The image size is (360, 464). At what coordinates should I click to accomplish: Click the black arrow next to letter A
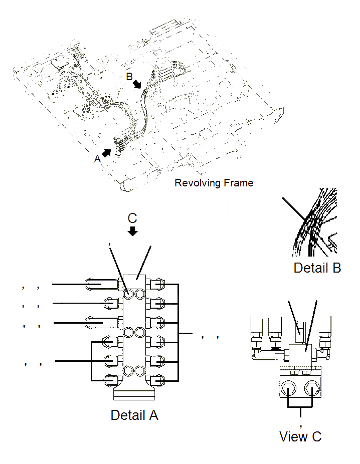[107, 152]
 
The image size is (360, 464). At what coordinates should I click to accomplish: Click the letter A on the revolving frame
[97, 159]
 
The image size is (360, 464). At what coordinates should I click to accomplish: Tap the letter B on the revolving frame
[129, 77]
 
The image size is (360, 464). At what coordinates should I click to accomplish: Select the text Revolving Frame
[214, 183]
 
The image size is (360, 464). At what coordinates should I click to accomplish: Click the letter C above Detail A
[132, 218]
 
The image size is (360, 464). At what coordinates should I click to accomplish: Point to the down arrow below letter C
[132, 231]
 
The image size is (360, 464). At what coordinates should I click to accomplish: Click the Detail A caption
[134, 415]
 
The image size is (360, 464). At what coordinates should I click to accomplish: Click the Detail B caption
[317, 268]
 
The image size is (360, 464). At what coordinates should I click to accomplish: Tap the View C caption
[300, 436]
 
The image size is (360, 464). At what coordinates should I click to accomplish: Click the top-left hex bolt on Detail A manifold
[128, 294]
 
